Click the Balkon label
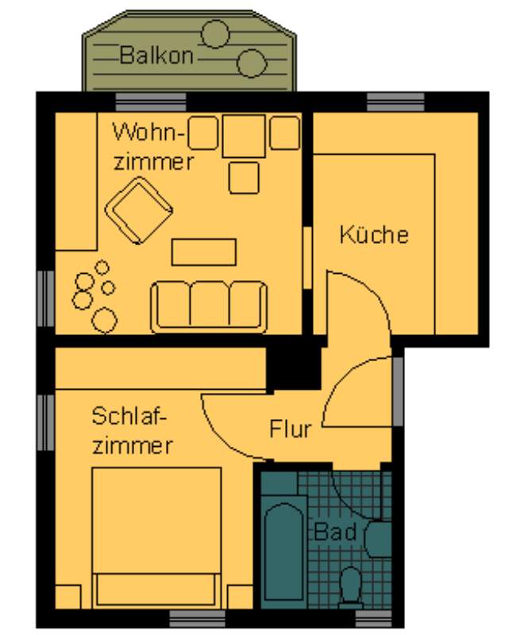pos(156,56)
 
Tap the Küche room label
pos(374,234)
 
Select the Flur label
pos(291,429)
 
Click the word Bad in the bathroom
pos(335,532)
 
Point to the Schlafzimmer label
pos(132,431)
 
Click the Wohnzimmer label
pos(152,147)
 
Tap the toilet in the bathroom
pos(351,587)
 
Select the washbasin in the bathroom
pos(379,539)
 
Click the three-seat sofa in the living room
pos(209,306)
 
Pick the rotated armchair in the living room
pos(139,210)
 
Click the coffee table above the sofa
pos(204,252)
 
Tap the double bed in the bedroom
pos(156,538)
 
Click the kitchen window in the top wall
pos(395,102)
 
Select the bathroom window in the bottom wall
pos(373,618)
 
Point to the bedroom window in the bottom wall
pos(197,618)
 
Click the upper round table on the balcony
pos(216,34)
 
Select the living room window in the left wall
pos(46,298)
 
